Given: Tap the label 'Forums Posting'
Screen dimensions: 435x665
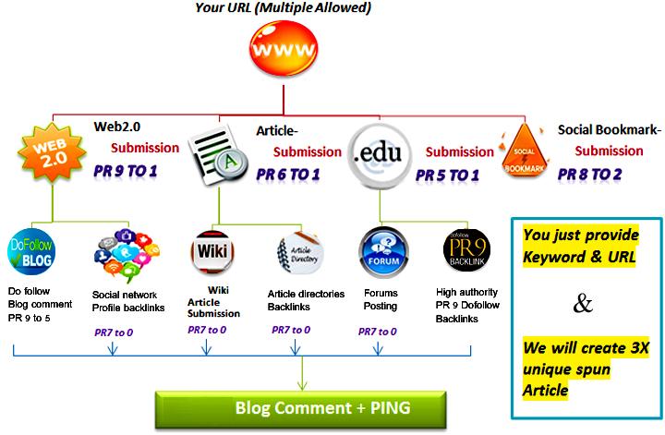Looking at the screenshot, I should pyautogui.click(x=379, y=298).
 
